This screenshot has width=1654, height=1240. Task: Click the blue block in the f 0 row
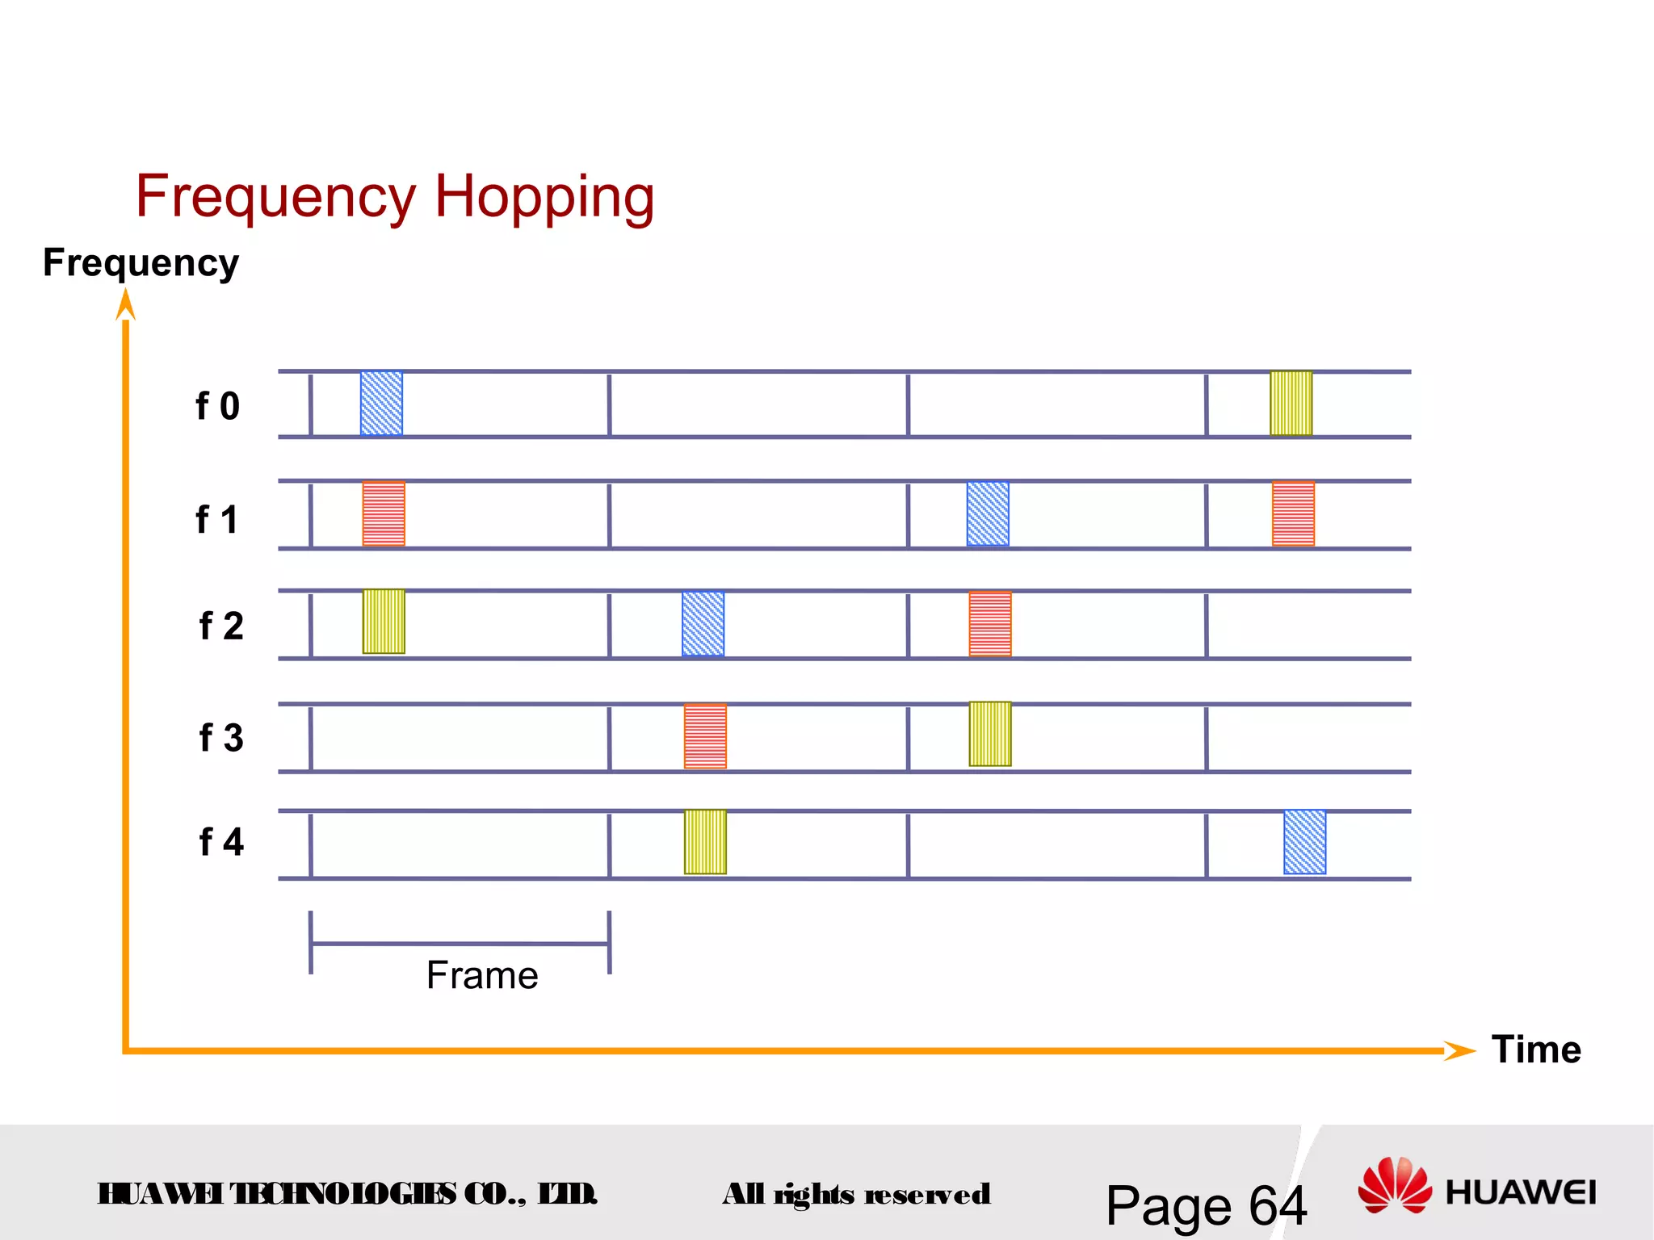pyautogui.click(x=381, y=404)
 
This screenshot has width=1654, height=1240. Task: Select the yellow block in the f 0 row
pyautogui.click(x=1291, y=403)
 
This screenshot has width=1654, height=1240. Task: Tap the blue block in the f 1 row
pyautogui.click(x=988, y=513)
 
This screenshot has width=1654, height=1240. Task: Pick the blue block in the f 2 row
pyautogui.click(x=703, y=623)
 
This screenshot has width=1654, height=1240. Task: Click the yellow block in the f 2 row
pyautogui.click(x=384, y=621)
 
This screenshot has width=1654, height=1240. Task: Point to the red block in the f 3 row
pyautogui.click(x=705, y=735)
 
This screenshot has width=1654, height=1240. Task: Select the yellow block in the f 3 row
pyautogui.click(x=990, y=734)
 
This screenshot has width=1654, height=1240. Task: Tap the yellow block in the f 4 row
pyautogui.click(x=705, y=842)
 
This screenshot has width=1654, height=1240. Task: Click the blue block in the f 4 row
pyautogui.click(x=1304, y=842)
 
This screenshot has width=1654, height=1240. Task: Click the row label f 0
pyautogui.click(x=217, y=406)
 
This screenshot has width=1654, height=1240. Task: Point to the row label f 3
pyautogui.click(x=220, y=738)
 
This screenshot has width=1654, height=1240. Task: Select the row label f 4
pyautogui.click(x=220, y=842)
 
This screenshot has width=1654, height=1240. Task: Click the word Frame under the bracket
pyautogui.click(x=482, y=975)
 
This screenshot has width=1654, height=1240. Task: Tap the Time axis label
pyautogui.click(x=1535, y=1049)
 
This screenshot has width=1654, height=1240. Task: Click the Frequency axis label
pyautogui.click(x=141, y=263)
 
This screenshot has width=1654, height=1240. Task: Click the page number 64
pyautogui.click(x=1278, y=1206)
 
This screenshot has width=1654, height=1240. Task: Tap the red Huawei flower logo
pyautogui.click(x=1394, y=1185)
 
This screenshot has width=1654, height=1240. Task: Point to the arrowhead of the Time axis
pyautogui.click(x=1460, y=1050)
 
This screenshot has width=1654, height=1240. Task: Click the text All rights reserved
pyautogui.click(x=856, y=1194)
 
